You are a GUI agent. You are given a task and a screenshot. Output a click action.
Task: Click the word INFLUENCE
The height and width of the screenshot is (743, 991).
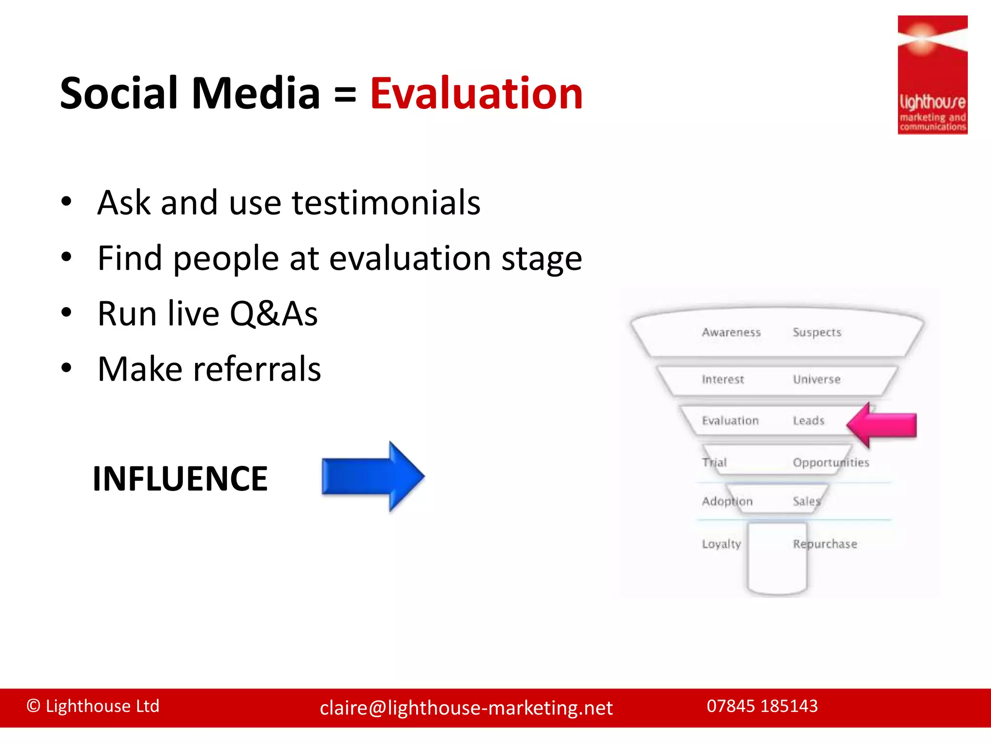180,479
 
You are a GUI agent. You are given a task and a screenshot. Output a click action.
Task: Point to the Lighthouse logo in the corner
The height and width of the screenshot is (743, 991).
932,75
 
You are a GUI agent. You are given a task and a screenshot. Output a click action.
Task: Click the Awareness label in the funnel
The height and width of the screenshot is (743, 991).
731,332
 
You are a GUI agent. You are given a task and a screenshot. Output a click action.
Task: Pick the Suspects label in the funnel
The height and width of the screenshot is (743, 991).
817,332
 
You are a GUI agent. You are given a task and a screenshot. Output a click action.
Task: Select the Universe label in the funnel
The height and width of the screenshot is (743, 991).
816,379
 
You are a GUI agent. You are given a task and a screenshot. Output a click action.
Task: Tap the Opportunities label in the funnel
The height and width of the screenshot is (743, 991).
831,462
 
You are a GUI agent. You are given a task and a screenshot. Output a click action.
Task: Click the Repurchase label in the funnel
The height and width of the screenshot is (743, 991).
825,544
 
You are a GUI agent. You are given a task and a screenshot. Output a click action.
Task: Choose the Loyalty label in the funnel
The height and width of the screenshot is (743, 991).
721,544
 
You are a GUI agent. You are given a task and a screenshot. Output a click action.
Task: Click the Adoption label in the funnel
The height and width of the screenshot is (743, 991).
727,502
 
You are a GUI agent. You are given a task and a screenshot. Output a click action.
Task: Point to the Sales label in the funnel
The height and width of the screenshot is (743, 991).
807,502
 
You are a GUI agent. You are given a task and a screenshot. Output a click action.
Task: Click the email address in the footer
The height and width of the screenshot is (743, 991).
466,708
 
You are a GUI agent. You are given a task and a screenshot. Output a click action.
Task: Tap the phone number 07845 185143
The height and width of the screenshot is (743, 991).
762,706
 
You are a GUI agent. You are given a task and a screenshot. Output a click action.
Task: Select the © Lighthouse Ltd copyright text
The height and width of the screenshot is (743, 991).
93,706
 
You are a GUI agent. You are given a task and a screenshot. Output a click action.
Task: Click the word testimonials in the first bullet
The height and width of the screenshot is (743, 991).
386,203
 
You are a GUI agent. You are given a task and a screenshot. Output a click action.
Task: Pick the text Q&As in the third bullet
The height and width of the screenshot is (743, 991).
273,314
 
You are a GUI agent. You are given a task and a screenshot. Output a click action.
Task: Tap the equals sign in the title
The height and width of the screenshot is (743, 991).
345,94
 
